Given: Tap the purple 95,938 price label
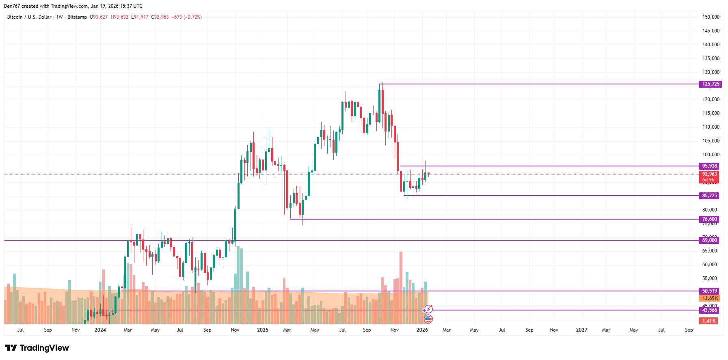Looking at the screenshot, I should click(709, 166).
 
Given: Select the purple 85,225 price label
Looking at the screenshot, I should click(709, 196).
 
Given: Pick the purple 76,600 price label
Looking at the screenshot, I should click(709, 219).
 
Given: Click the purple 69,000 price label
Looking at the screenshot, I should click(709, 240).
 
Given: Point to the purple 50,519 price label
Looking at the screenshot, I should click(709, 291).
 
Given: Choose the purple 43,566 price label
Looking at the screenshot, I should click(709, 310).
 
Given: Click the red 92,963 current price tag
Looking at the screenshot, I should click(709, 175).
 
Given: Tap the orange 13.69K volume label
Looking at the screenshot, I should click(710, 298).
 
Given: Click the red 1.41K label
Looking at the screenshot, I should click(709, 321).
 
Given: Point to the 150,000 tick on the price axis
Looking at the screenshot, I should click(711, 17).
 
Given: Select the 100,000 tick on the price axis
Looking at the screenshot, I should click(711, 155).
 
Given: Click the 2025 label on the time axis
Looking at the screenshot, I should click(263, 330).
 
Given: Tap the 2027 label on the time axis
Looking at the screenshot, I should click(581, 330).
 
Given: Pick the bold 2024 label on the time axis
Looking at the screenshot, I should click(100, 330).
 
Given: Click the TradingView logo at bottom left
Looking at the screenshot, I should click(37, 348).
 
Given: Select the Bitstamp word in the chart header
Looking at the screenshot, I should click(77, 17).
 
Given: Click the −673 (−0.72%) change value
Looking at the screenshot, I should click(187, 17).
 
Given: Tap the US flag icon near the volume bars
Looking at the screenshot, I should click(428, 319).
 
